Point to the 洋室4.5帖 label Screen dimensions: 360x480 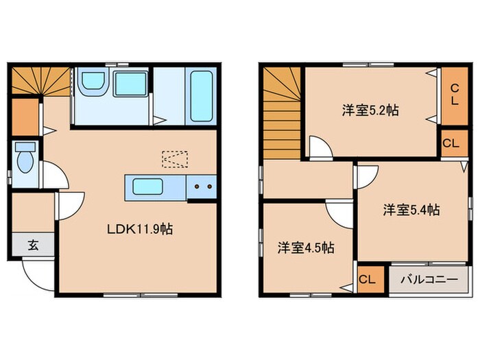point(306,248)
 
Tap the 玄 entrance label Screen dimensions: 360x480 point(32,243)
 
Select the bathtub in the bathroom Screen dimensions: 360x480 point(201,96)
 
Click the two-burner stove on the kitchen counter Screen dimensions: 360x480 point(202,186)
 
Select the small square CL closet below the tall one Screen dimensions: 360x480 point(451,143)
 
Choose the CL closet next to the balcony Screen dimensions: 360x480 point(368,280)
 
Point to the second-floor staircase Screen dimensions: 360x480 point(280,110)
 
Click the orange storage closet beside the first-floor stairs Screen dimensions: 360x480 point(25,117)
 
